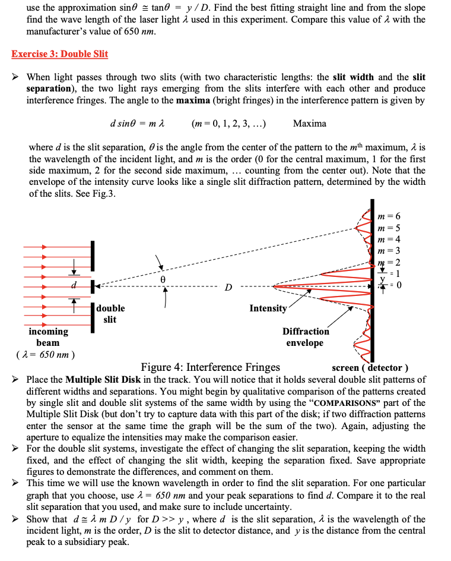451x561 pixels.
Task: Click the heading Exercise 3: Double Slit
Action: (x=60, y=54)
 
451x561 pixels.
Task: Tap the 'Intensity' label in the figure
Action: (x=268, y=308)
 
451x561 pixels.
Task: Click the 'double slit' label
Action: (x=110, y=314)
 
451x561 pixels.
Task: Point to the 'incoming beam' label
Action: (x=48, y=337)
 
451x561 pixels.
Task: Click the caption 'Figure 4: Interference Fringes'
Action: (x=210, y=367)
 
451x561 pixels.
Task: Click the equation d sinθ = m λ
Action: (x=137, y=124)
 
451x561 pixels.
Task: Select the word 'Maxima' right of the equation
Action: (x=309, y=124)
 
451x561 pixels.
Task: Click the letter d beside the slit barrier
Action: (x=74, y=285)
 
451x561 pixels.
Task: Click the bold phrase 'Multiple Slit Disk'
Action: (x=102, y=380)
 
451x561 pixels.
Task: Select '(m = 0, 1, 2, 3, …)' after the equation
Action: (x=229, y=124)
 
